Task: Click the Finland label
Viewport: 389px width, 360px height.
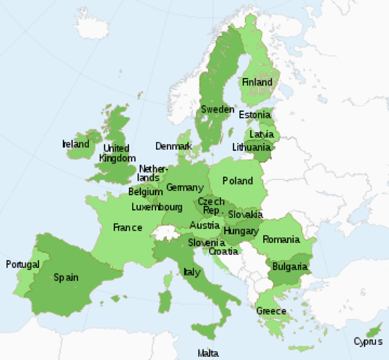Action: pyautogui.click(x=257, y=82)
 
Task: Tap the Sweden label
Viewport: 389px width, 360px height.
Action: pyautogui.click(x=217, y=109)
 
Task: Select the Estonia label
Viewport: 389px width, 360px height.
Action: pyautogui.click(x=255, y=115)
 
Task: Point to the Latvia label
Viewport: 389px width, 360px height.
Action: pyautogui.click(x=261, y=134)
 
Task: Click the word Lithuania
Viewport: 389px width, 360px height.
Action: pyautogui.click(x=251, y=147)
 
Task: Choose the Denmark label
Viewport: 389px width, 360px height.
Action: pyautogui.click(x=173, y=145)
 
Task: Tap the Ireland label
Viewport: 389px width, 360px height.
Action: pyautogui.click(x=76, y=144)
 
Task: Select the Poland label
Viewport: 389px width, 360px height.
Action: pyautogui.click(x=238, y=181)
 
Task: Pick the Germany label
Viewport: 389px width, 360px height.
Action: pyautogui.click(x=184, y=187)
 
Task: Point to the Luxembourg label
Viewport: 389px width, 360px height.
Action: pyautogui.click(x=157, y=207)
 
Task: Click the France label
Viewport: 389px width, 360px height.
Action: pyautogui.click(x=127, y=227)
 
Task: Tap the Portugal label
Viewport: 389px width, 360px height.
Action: pyautogui.click(x=22, y=265)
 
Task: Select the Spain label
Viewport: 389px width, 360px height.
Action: pyautogui.click(x=66, y=277)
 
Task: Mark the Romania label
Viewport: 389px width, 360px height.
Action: pyautogui.click(x=281, y=240)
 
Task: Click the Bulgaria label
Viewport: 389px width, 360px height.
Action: pyautogui.click(x=289, y=266)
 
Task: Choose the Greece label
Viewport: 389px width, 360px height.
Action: pyautogui.click(x=271, y=311)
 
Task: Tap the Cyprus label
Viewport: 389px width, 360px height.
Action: pyautogui.click(x=367, y=342)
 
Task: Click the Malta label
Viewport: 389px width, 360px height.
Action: pyautogui.click(x=208, y=353)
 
